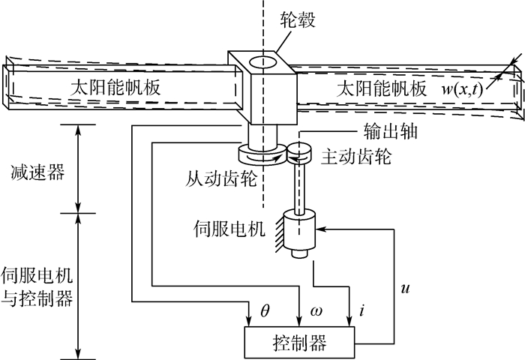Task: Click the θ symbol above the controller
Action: pos(264,309)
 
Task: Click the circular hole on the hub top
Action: pos(263,61)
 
